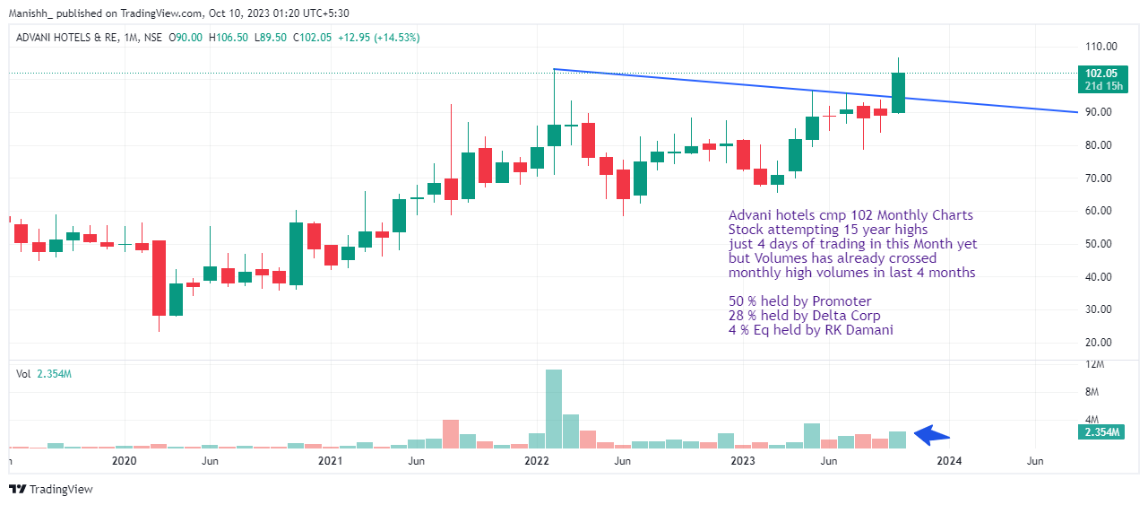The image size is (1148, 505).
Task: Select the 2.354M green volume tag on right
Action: click(1101, 432)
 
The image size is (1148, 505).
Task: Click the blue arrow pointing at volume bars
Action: click(932, 435)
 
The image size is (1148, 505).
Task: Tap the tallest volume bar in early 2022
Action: click(554, 408)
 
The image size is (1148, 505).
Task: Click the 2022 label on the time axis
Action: click(537, 461)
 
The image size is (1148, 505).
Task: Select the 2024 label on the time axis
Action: click(949, 461)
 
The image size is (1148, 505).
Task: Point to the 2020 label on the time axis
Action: click(124, 461)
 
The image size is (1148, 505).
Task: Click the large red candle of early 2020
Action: click(159, 277)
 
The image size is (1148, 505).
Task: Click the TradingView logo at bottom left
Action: click(51, 489)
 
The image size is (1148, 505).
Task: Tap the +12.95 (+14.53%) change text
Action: click(375, 38)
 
